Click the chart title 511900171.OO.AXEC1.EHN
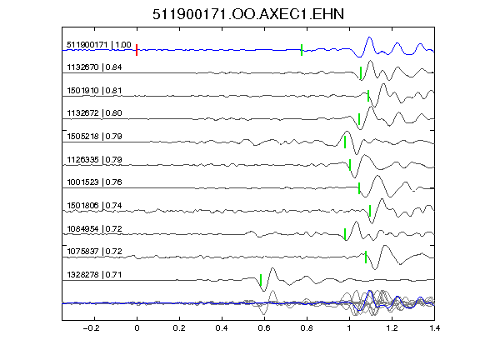(248, 14)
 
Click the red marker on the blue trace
(137, 50)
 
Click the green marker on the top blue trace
(302, 50)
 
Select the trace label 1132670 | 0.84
(94, 67)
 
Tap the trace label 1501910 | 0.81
(94, 91)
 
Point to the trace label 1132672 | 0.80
(94, 113)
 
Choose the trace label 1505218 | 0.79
(94, 136)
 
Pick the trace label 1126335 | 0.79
(94, 160)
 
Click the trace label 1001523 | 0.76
(94, 182)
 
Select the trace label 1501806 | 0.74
(94, 205)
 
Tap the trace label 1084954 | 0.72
(94, 229)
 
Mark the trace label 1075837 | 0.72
(94, 252)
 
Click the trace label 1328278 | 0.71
(94, 275)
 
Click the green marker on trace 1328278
(261, 280)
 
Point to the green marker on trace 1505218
(345, 142)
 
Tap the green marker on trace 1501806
(370, 211)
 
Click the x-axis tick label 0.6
(264, 328)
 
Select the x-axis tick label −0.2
(92, 328)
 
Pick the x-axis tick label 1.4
(434, 328)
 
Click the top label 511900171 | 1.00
(99, 45)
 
